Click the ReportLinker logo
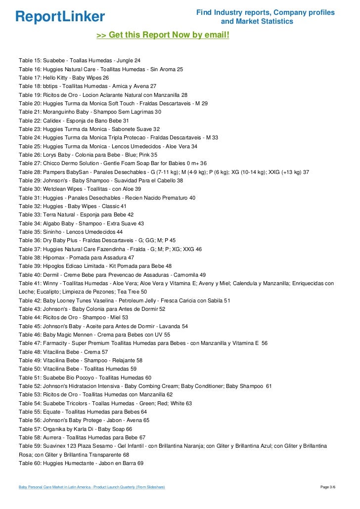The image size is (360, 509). [60, 17]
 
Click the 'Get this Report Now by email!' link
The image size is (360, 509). [163, 36]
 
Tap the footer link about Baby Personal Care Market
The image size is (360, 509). [91, 487]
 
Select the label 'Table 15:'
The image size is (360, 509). [30, 60]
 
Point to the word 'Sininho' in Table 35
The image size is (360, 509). [52, 232]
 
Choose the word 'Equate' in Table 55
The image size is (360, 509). [51, 412]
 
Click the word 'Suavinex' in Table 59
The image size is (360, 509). [55, 446]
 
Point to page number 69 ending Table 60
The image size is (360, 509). [140, 463]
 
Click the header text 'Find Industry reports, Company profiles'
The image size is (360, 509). [265, 12]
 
